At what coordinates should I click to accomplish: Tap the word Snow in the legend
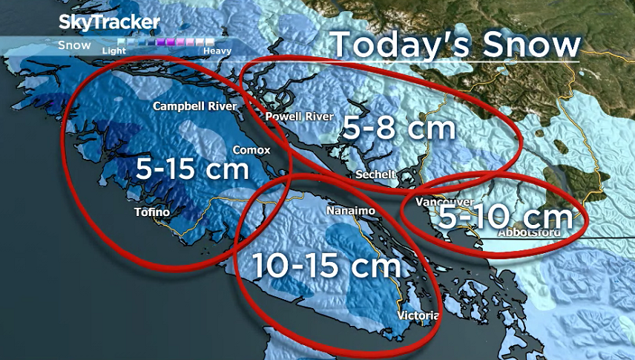75,45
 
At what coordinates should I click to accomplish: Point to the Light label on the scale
114,51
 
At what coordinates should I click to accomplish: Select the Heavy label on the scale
218,51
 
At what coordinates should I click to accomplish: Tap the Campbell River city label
194,107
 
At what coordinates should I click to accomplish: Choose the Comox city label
251,150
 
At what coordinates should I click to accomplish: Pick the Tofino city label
152,212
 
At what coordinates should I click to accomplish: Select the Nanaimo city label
351,212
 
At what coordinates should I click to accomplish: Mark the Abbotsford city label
531,232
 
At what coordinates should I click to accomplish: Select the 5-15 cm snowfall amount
191,168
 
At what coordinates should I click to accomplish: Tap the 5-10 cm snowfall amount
505,217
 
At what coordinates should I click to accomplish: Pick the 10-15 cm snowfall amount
326,265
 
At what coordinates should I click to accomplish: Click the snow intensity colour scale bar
166,43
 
